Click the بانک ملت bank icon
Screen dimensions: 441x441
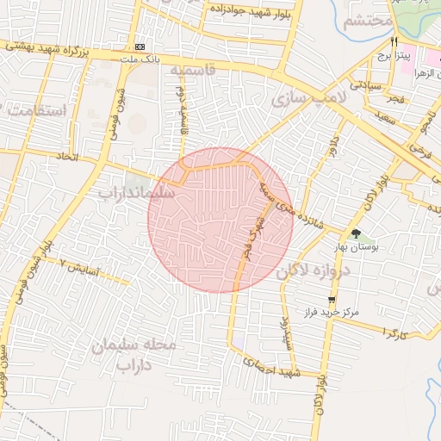140,47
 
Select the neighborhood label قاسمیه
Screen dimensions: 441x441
191,69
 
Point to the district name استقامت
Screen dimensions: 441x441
35,110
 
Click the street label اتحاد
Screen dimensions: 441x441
65,157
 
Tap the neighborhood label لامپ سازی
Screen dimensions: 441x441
308,99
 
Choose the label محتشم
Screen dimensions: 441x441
368,22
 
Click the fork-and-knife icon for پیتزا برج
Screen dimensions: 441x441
394,41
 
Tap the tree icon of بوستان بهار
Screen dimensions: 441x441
355,233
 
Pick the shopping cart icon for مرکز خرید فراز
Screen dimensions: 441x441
332,300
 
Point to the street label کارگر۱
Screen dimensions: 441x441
394,332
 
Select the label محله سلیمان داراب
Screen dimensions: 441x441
134,354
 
